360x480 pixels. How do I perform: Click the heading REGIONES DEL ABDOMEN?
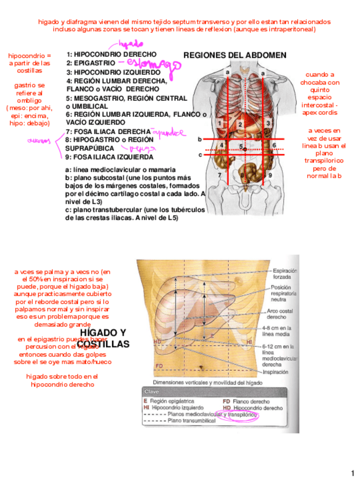(x=235, y=55)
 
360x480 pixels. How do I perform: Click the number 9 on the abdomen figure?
(x=271, y=175)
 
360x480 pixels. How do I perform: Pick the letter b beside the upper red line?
(x=199, y=138)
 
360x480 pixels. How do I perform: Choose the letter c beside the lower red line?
(x=199, y=154)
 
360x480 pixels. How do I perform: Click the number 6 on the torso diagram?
(x=274, y=145)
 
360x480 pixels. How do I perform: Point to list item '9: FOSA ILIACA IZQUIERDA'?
(x=110, y=157)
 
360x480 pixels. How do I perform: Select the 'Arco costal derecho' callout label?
(x=278, y=314)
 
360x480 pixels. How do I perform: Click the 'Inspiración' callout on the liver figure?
(x=276, y=372)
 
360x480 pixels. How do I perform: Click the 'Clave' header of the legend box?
(x=152, y=392)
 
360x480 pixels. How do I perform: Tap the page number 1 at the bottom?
(x=351, y=473)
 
